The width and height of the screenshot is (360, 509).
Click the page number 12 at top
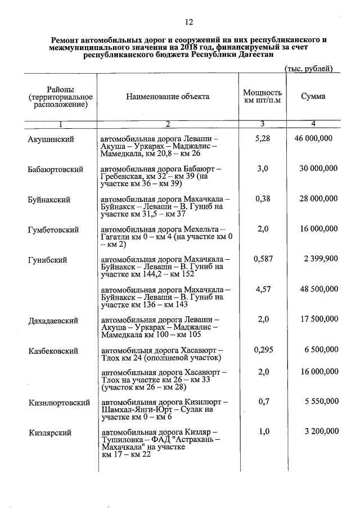tap(188, 22)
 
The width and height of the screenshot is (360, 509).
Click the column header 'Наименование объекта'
tap(167, 97)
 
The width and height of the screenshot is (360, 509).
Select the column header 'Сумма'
tap(313, 97)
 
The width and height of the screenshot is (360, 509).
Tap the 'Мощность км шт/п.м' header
tap(262, 97)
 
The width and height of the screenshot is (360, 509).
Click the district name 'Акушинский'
tap(51, 138)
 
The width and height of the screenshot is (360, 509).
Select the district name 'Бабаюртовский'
tap(56, 169)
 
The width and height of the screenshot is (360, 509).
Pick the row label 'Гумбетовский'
tap(53, 229)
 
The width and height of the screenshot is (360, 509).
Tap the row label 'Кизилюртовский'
tap(59, 403)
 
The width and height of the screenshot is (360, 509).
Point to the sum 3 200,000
tap(320, 431)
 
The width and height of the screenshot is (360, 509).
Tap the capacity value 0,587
tap(263, 259)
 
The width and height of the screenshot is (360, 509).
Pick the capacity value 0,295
tap(263, 350)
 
